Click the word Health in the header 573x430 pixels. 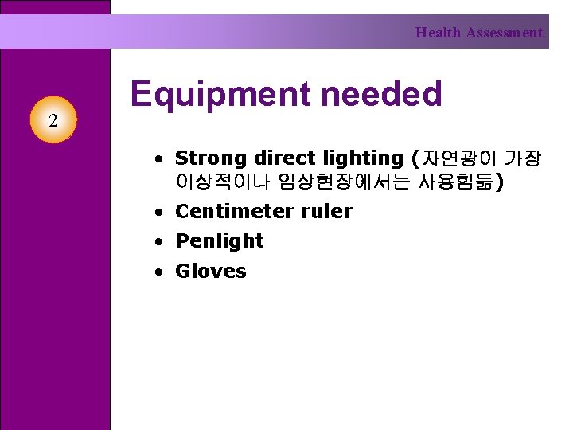click(x=438, y=33)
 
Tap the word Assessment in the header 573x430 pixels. click(x=505, y=33)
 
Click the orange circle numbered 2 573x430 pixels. click(x=53, y=121)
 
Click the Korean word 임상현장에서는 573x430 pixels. click(x=344, y=182)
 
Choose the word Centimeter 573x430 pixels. click(x=235, y=211)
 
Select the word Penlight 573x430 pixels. click(x=219, y=240)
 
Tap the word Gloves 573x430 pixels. click(x=211, y=271)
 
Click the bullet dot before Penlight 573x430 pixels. click(x=160, y=241)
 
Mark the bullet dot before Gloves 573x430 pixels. click(x=160, y=272)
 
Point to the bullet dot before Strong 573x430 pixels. click(x=160, y=159)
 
